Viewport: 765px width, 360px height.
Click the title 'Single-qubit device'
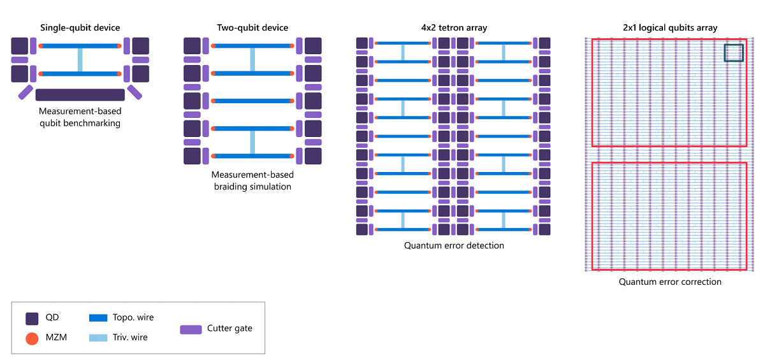[80, 28]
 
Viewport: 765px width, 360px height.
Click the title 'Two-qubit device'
[252, 28]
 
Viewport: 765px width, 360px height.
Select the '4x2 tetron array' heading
[453, 28]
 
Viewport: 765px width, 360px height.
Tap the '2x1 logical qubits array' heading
[670, 28]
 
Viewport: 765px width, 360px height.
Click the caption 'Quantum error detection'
[454, 245]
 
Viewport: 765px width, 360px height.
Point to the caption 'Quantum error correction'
[670, 282]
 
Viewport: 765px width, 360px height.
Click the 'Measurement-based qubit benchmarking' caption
[80, 117]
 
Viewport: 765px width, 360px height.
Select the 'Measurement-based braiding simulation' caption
[252, 180]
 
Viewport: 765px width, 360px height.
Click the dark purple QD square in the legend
[33, 318]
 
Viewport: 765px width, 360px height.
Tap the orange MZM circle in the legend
[33, 338]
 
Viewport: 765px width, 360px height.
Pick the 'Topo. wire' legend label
[133, 317]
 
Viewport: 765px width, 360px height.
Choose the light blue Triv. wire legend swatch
[98, 337]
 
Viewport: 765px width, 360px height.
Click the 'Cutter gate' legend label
[229, 329]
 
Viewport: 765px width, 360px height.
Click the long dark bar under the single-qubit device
[80, 95]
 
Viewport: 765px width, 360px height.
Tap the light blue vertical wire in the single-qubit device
[80, 60]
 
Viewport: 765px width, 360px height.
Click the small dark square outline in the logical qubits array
[734, 53]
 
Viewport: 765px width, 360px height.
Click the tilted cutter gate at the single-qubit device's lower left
[25, 92]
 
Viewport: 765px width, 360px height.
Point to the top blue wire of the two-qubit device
[252, 47]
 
